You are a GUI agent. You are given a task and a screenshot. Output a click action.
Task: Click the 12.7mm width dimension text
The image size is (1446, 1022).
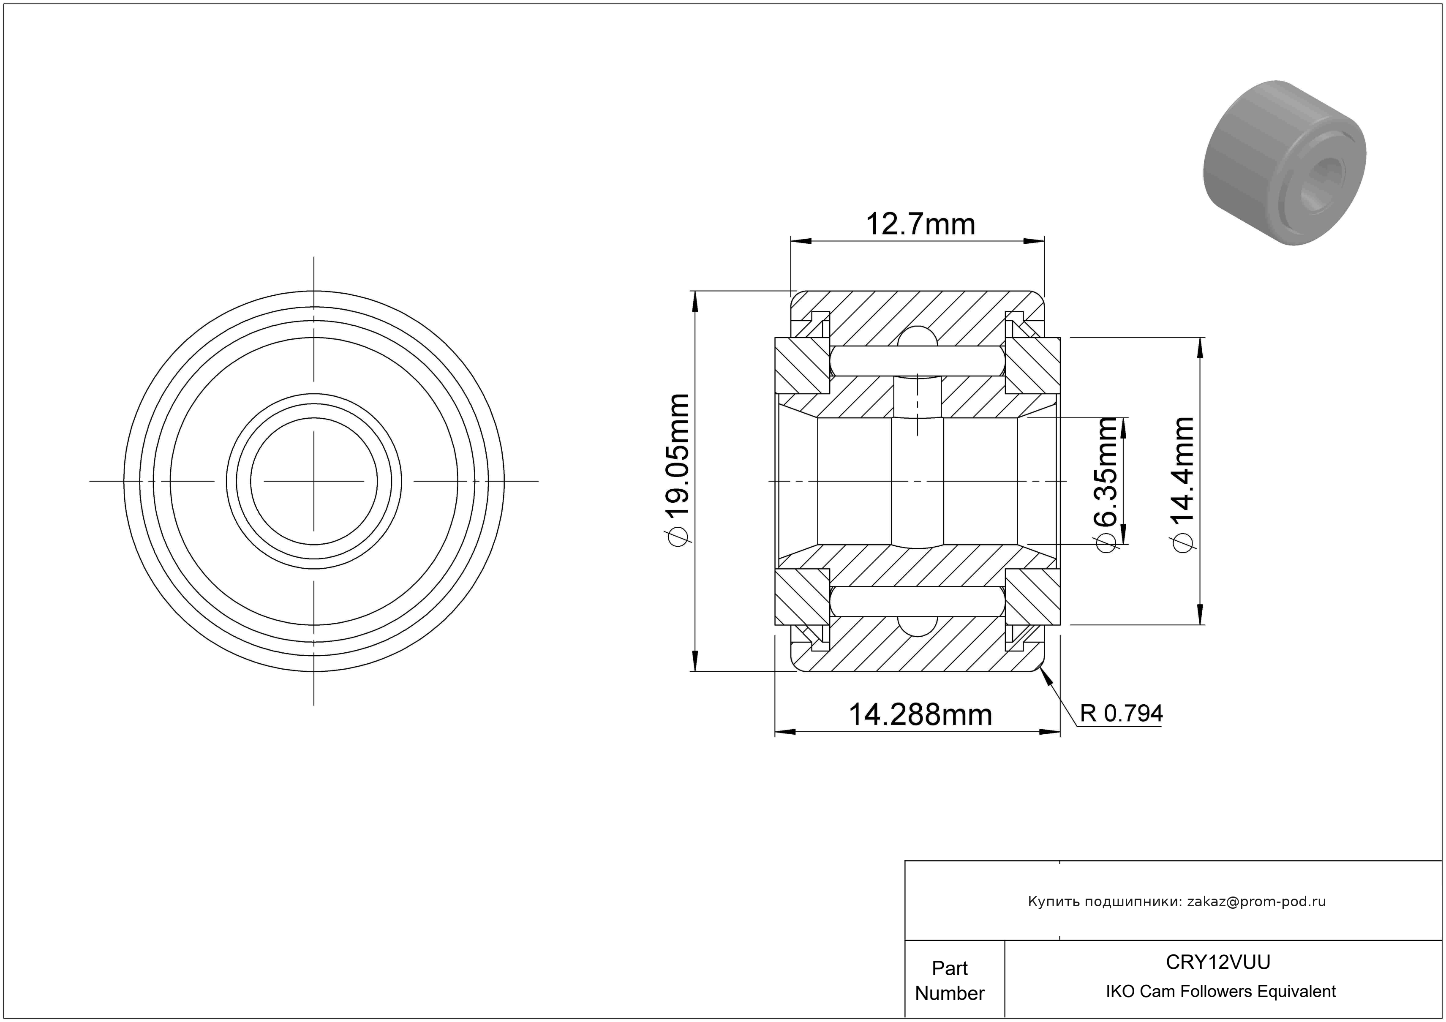[921, 224]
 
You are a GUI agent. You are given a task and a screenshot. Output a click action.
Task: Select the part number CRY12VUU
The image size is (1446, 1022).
[1218, 962]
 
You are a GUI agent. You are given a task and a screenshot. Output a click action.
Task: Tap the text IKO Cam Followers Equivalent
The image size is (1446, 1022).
[1220, 992]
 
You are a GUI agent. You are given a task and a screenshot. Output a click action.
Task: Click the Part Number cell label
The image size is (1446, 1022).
[950, 981]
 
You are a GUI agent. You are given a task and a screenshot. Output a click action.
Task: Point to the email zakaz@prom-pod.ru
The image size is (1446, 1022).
[1256, 902]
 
